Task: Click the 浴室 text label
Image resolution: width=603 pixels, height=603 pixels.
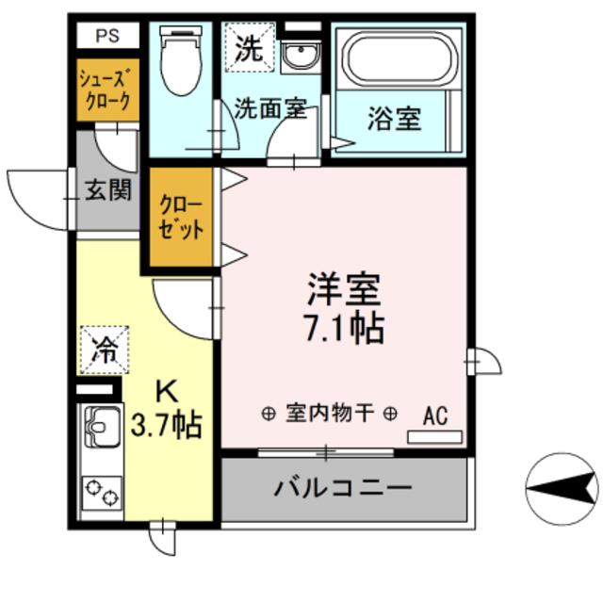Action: pyautogui.click(x=394, y=120)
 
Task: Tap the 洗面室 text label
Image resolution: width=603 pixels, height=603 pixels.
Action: pyautogui.click(x=270, y=108)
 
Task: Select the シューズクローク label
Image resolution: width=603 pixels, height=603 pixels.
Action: pyautogui.click(x=104, y=90)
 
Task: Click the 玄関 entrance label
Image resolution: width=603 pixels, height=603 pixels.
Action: pyautogui.click(x=109, y=191)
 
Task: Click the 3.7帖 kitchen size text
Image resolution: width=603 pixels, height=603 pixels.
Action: pyautogui.click(x=166, y=426)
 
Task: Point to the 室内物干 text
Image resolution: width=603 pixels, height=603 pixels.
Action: pyautogui.click(x=330, y=413)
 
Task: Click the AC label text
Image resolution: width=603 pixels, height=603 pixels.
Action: pyautogui.click(x=435, y=414)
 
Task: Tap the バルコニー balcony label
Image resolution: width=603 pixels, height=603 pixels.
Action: pyautogui.click(x=343, y=488)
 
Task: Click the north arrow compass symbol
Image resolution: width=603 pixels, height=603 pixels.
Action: pyautogui.click(x=562, y=486)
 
